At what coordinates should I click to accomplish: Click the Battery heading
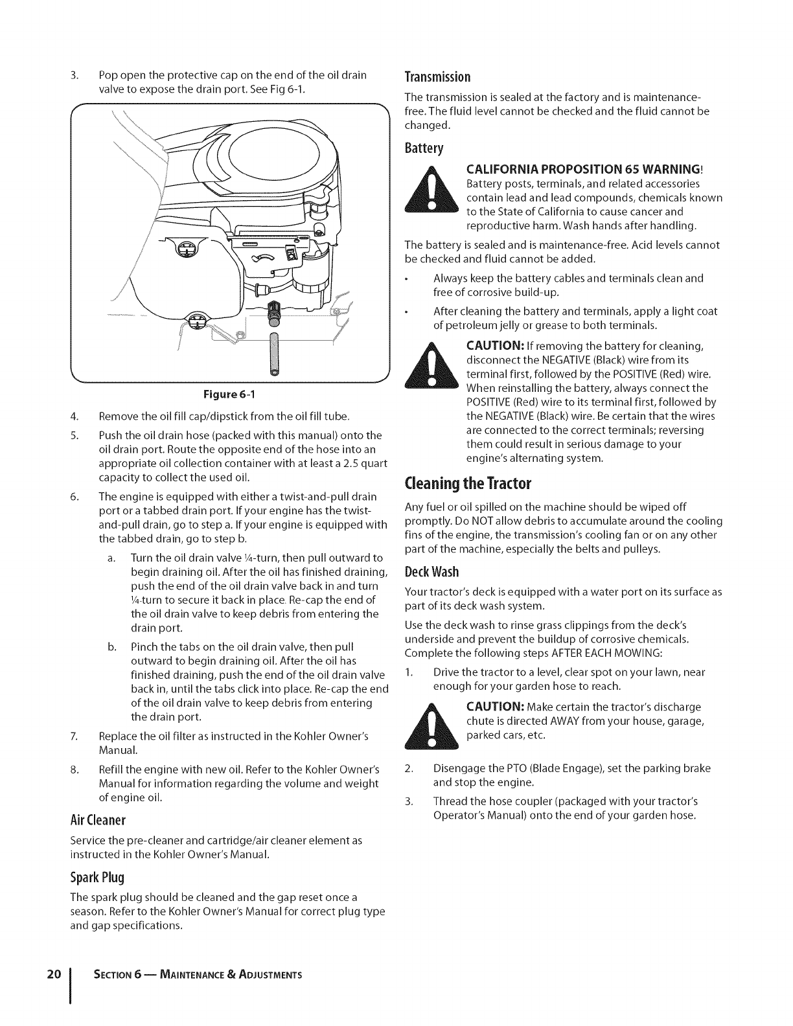click(x=424, y=149)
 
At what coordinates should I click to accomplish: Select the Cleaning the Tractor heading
click(x=468, y=484)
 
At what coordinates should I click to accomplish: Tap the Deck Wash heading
click(x=431, y=572)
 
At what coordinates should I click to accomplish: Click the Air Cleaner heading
click(x=98, y=820)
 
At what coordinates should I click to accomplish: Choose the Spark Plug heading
click(x=97, y=878)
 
